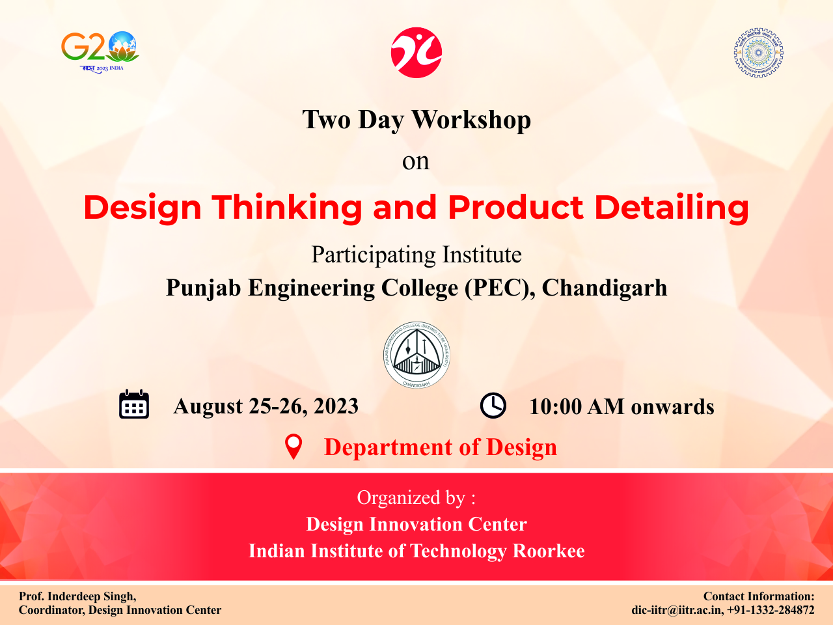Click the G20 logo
pos(100,52)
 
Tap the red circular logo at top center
pos(416,52)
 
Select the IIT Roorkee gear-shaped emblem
pos(758,52)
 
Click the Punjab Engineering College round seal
pos(416,355)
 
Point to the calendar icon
pos(134,404)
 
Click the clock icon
pos(493,406)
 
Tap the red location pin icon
pos(294,447)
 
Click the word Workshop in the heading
pos(471,120)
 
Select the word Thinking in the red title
pos(286,208)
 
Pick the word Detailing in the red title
pos(672,208)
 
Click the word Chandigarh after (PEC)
pos(605,287)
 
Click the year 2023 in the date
pos(336,406)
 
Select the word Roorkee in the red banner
pos(549,551)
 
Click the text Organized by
pos(411,498)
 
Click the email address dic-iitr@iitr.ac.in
pos(676,610)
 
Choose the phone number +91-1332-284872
pos(771,610)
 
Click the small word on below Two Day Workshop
pos(416,161)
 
